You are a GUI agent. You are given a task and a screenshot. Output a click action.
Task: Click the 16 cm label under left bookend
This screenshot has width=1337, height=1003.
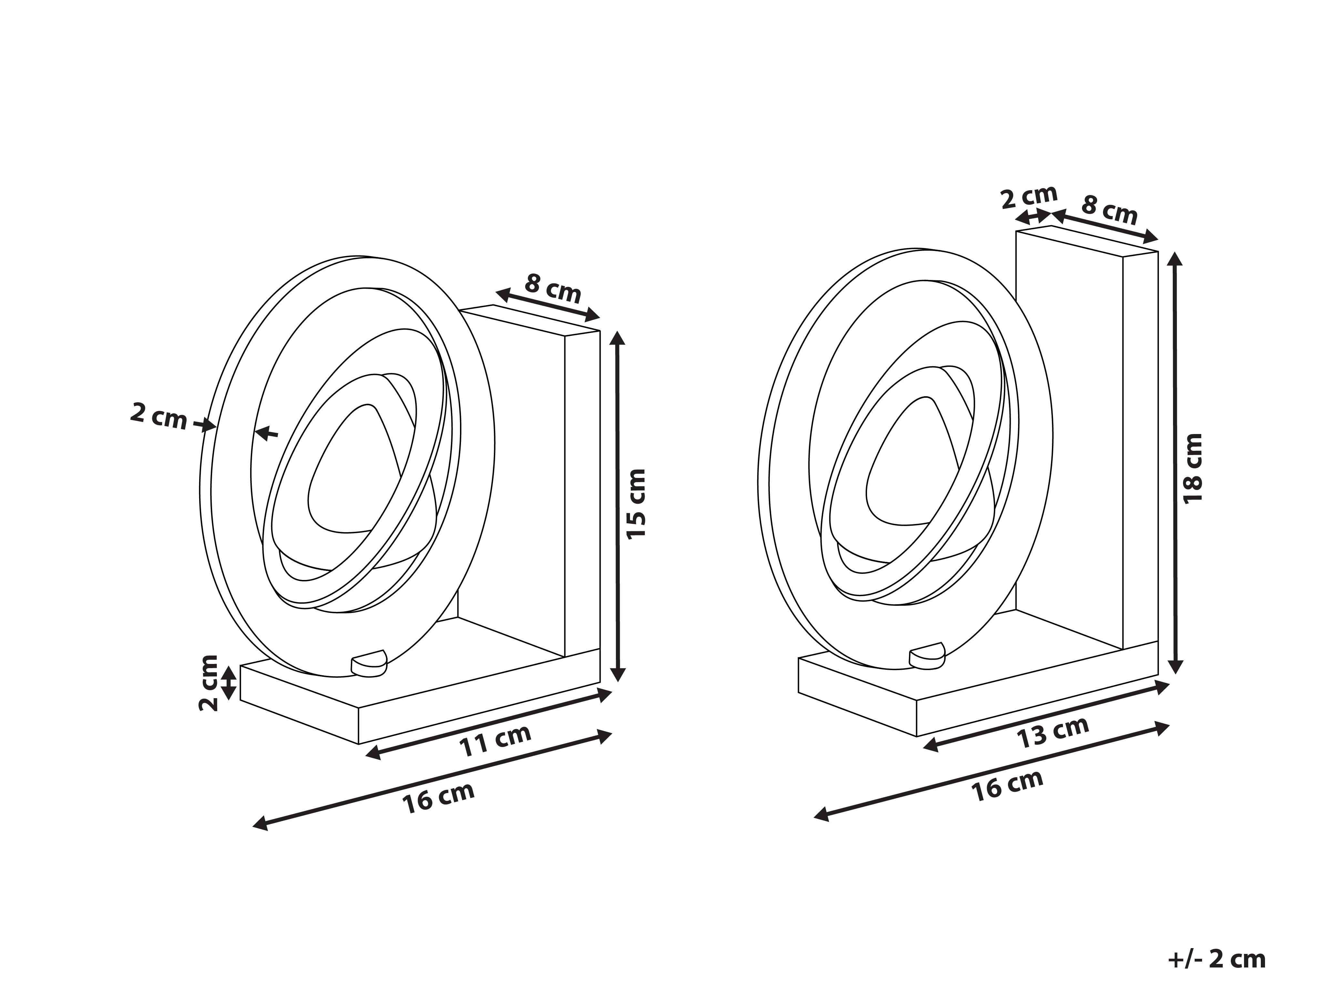pyautogui.click(x=439, y=797)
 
